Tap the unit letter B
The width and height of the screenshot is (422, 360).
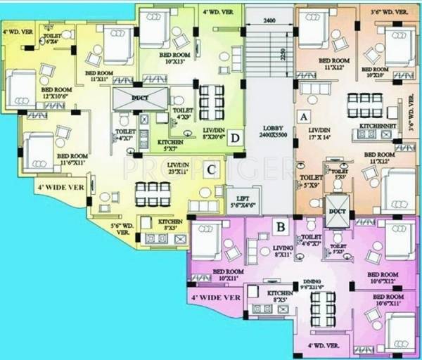tap(279, 227)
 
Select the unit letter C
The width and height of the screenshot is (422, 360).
tap(210, 169)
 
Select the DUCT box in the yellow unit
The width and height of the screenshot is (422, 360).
tap(141, 97)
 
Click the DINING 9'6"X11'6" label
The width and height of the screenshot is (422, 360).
tap(323, 283)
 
